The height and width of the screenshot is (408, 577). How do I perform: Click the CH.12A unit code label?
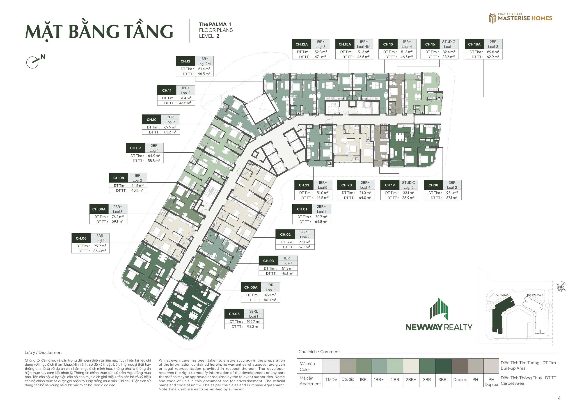click(x=302, y=44)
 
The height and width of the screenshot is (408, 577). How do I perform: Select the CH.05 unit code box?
click(x=234, y=314)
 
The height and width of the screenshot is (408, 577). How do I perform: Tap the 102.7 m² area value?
click(x=253, y=321)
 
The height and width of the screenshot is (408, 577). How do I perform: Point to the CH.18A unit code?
click(x=474, y=44)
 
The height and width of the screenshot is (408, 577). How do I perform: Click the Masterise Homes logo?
click(x=520, y=18)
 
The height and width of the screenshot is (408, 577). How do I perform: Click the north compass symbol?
click(x=35, y=61)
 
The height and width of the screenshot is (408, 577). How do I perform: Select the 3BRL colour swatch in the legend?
click(x=444, y=366)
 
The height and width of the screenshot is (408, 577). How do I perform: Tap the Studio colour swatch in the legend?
click(x=348, y=366)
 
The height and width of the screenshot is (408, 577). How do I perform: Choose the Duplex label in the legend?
click(x=460, y=380)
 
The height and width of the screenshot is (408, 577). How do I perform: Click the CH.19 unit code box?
click(x=390, y=185)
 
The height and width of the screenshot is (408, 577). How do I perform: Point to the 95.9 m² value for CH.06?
click(x=100, y=246)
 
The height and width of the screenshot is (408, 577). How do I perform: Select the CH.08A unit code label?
click(x=99, y=209)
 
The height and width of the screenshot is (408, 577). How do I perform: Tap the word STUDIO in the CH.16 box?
click(x=449, y=42)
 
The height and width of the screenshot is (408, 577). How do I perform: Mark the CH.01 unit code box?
click(x=302, y=209)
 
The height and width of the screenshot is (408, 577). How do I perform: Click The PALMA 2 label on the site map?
click(x=535, y=295)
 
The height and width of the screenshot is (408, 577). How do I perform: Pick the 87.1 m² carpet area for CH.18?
click(x=452, y=198)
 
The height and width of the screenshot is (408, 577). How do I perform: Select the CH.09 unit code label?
click(x=135, y=148)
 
